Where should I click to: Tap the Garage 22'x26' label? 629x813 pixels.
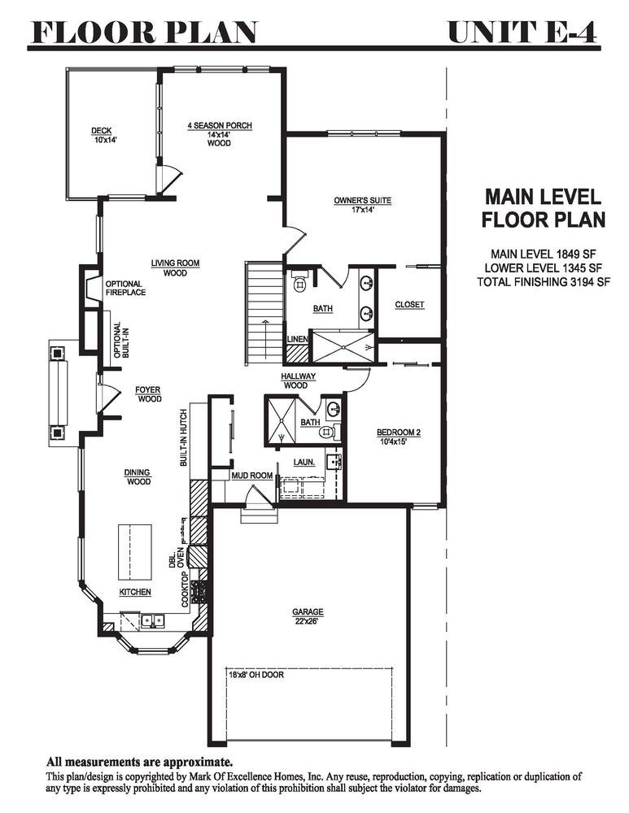(x=308, y=616)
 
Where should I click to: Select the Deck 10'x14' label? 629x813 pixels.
(x=101, y=135)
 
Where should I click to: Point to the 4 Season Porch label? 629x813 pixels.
(x=220, y=134)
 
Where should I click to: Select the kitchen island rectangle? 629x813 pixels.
(x=135, y=553)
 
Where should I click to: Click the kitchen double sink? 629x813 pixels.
(x=153, y=620)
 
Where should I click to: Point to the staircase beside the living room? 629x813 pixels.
(x=264, y=314)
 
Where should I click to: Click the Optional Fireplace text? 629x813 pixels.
(x=125, y=289)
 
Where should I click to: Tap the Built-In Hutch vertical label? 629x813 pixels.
(x=184, y=438)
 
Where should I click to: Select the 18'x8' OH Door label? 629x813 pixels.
(x=256, y=675)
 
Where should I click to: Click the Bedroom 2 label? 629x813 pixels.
(x=398, y=437)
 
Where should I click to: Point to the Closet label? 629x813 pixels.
(x=409, y=305)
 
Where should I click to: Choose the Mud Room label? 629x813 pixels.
(x=251, y=476)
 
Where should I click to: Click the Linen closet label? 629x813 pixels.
(x=297, y=339)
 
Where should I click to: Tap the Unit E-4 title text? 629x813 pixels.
(x=522, y=33)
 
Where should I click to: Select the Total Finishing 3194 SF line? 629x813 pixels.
(x=544, y=282)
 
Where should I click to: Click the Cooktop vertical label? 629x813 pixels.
(x=184, y=589)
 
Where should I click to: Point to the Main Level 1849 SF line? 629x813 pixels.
(x=544, y=254)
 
